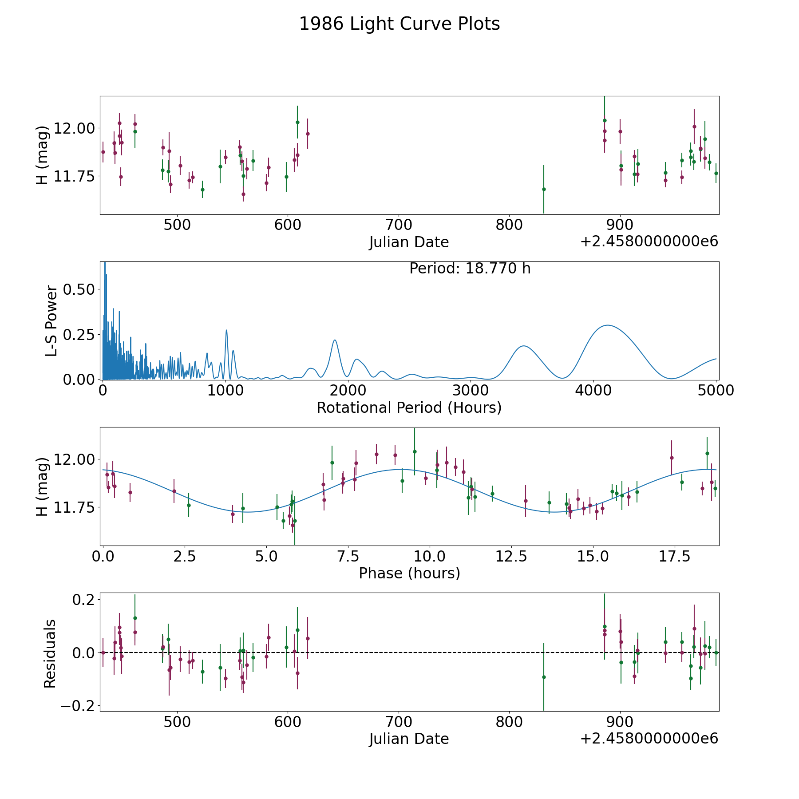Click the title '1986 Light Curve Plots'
tap(399, 24)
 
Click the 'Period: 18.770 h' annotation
tap(470, 269)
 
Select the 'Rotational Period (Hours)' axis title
tap(409, 407)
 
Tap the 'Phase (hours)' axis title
tap(409, 573)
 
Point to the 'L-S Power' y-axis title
tap(51, 321)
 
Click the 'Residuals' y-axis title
tap(50, 653)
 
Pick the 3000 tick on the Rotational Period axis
tap(471, 390)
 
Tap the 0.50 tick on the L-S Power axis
tap(79, 289)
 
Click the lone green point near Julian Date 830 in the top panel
tap(544, 189)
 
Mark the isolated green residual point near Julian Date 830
tap(544, 677)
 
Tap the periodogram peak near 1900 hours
tap(335, 340)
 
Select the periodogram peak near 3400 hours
tap(524, 346)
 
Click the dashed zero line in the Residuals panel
tap(355, 653)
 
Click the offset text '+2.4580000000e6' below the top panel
tap(649, 242)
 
